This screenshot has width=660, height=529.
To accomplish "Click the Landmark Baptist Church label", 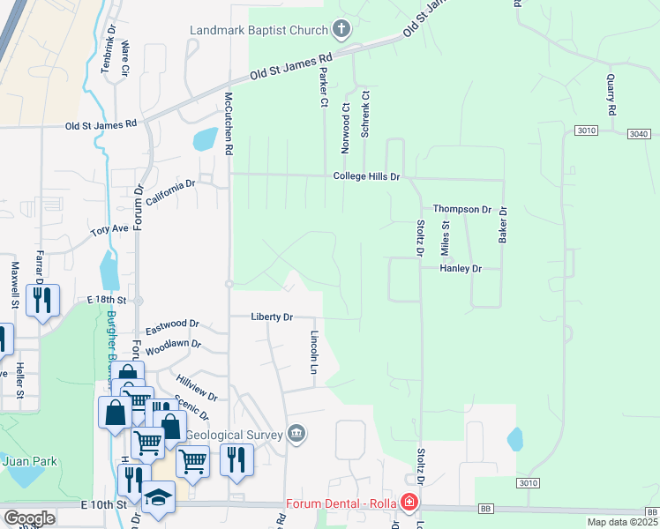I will pyautogui.click(x=259, y=30).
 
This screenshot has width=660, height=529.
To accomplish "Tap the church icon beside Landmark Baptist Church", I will pyautogui.click(x=341, y=30).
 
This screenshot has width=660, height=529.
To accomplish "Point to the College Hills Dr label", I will pyautogui.click(x=366, y=177).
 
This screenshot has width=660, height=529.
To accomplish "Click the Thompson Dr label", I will pyautogui.click(x=461, y=210).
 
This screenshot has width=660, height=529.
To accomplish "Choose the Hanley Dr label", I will pyautogui.click(x=461, y=268).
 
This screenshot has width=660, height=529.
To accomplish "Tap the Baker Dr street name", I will pyautogui.click(x=503, y=226).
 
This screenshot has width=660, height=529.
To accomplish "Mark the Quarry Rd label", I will pyautogui.click(x=611, y=93).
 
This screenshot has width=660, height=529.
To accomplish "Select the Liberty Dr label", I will pyautogui.click(x=271, y=317).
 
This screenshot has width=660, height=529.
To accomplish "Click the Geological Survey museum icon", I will pyautogui.click(x=296, y=433).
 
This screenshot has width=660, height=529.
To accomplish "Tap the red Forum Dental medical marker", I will pyautogui.click(x=408, y=503).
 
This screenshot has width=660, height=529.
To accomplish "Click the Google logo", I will pyautogui.click(x=30, y=518).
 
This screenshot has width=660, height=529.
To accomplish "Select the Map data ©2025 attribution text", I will pyautogui.click(x=622, y=522).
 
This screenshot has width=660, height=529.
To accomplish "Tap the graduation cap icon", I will pyautogui.click(x=160, y=497).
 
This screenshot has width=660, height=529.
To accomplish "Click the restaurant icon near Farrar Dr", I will pyautogui.click(x=42, y=301).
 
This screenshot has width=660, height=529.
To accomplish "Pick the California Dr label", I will pyautogui.click(x=170, y=193).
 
